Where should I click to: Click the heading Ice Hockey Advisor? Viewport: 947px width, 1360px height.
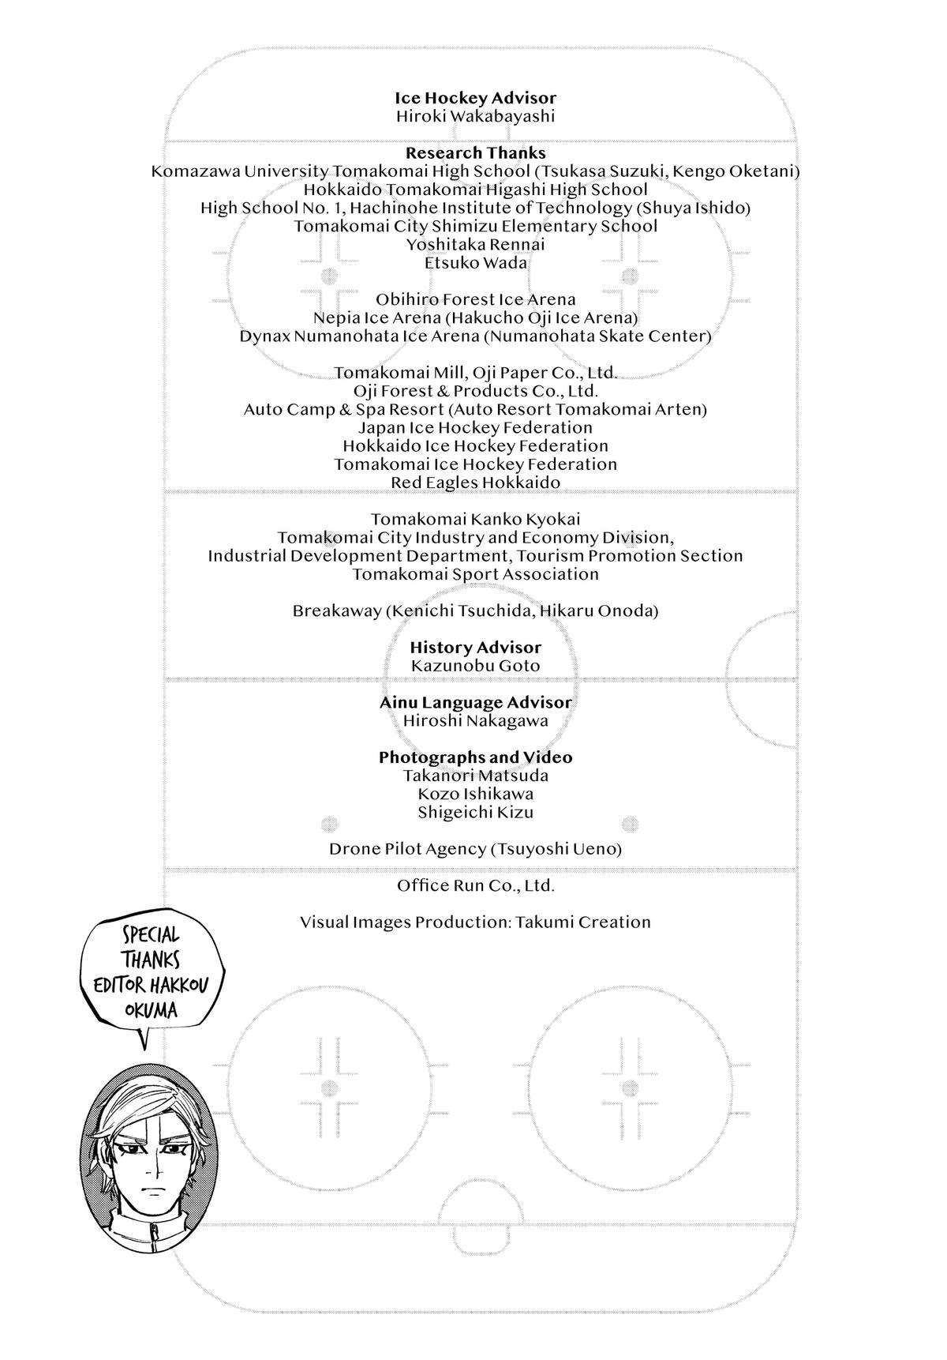(475, 98)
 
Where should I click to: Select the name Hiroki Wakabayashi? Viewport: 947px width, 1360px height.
(475, 116)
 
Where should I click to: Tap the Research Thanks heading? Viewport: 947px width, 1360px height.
(475, 153)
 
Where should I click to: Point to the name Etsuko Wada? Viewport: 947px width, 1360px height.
(475, 263)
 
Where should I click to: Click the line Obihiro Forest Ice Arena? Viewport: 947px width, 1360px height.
(475, 299)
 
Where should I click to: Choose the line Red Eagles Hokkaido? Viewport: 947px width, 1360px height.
(475, 483)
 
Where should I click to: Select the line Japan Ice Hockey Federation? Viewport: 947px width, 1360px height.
(475, 427)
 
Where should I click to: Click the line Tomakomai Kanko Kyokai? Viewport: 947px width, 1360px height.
(475, 519)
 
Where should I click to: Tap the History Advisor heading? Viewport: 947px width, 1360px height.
(475, 648)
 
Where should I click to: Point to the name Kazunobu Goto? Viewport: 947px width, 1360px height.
(475, 666)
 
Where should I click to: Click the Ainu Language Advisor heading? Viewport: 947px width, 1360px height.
(475, 702)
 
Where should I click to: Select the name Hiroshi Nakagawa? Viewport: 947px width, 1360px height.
(475, 720)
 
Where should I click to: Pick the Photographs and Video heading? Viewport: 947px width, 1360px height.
(475, 757)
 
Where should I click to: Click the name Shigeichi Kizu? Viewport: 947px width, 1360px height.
(475, 812)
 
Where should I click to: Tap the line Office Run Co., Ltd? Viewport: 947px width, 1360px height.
(475, 885)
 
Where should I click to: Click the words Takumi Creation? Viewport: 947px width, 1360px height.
(583, 922)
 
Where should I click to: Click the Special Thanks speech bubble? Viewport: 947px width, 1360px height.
(150, 971)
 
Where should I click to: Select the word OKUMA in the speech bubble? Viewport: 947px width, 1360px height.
(151, 1010)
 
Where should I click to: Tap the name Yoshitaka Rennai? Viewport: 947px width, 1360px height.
(475, 245)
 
